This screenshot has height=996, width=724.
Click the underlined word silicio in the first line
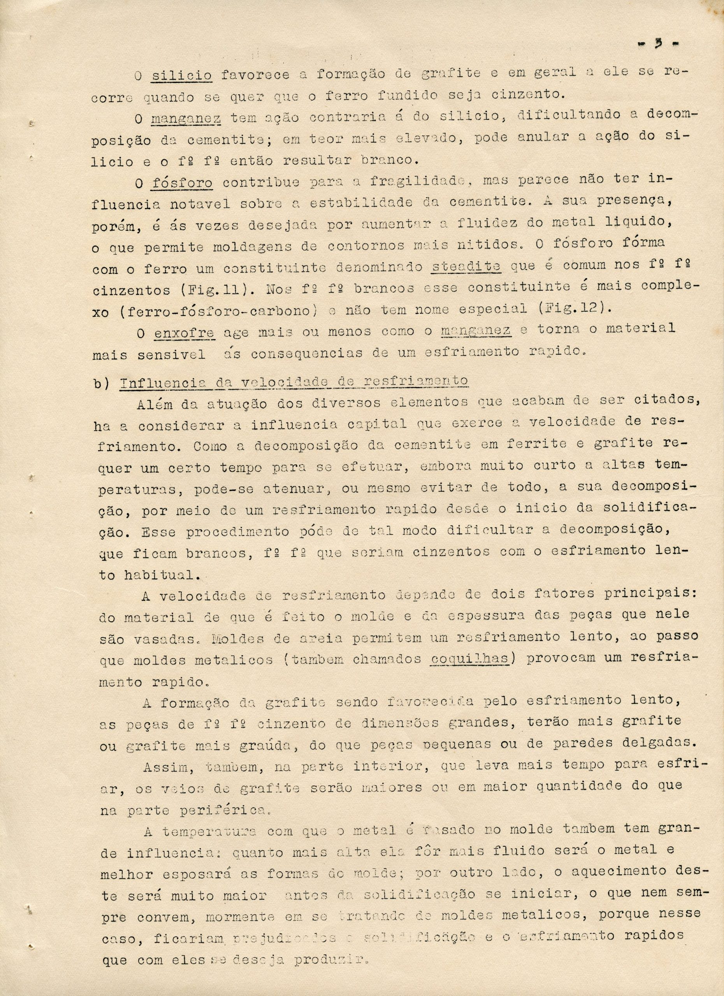(x=182, y=75)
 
